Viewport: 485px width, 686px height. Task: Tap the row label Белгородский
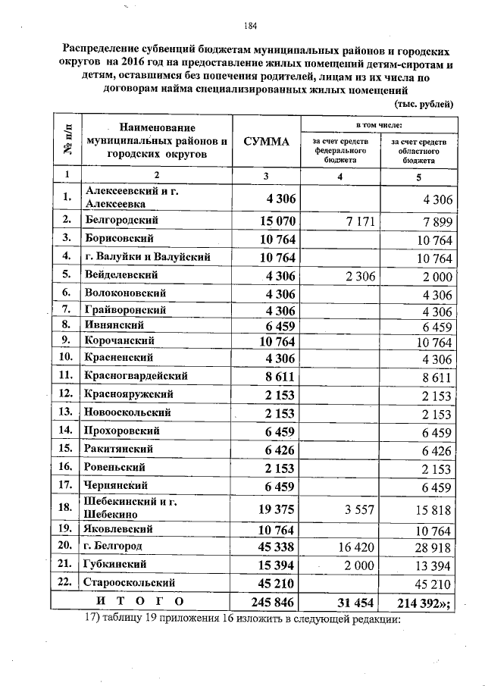[121, 220]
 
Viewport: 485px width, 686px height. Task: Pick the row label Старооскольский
[130, 583]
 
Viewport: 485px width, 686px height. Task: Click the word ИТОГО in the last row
[140, 602]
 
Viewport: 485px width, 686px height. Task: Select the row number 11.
[67, 375]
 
